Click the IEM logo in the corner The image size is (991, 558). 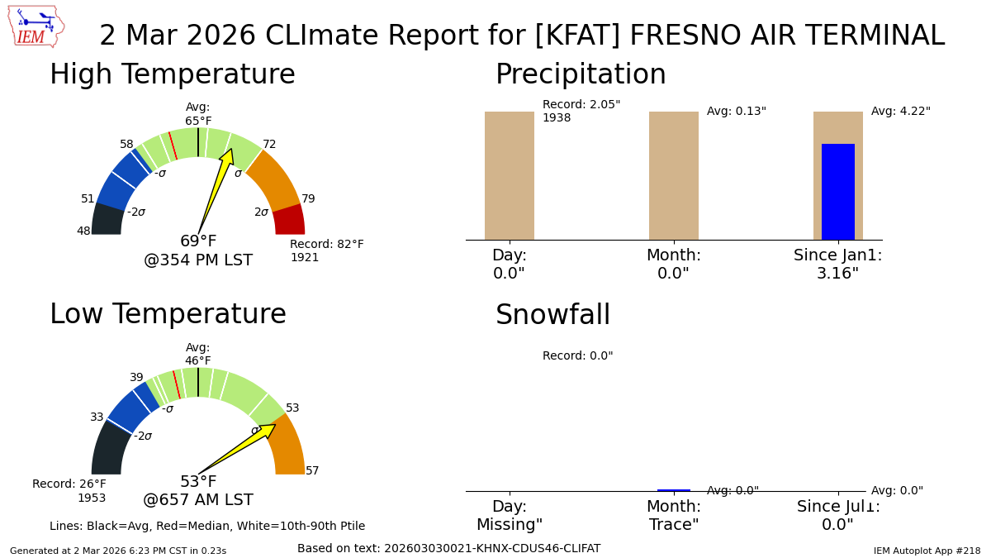[x=36, y=26]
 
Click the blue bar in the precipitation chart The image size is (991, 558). [x=837, y=192]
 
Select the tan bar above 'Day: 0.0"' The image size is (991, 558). [x=509, y=175]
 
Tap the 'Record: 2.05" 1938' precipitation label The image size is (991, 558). [x=581, y=112]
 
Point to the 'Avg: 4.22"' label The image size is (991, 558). [x=900, y=112]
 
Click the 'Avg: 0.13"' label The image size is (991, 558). [x=736, y=112]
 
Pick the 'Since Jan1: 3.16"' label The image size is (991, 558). [x=837, y=265]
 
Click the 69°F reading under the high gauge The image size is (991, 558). [x=198, y=241]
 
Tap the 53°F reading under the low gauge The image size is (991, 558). [x=198, y=482]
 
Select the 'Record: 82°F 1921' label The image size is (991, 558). [x=326, y=251]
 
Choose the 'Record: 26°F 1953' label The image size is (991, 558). [x=69, y=491]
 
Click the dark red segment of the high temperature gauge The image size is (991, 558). [x=290, y=221]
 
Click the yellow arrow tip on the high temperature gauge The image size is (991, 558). [x=230, y=151]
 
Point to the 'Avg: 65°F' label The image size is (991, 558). [x=198, y=114]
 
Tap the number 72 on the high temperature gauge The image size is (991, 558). [x=269, y=145]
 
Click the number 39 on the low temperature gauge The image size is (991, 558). [x=136, y=378]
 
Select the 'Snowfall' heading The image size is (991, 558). [x=552, y=316]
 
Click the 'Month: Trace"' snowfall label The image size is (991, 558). [x=673, y=516]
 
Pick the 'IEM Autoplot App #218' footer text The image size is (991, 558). [x=927, y=551]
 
